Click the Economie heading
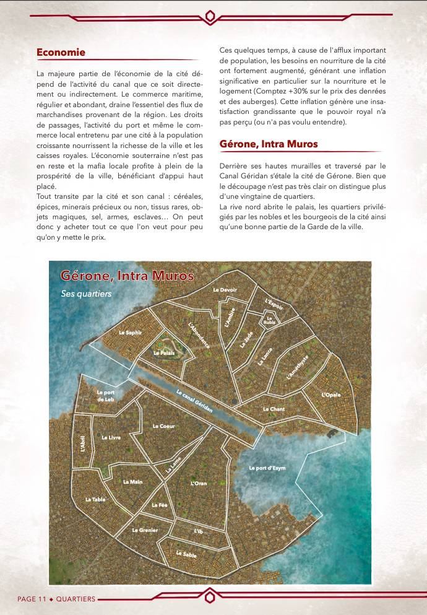pyautogui.click(x=61, y=53)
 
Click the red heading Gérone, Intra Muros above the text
pyautogui.click(x=269, y=144)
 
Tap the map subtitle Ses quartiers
pyautogui.click(x=86, y=294)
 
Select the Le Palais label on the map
pyautogui.click(x=164, y=353)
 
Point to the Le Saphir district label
pyautogui.click(x=130, y=333)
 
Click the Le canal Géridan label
pyautogui.click(x=194, y=401)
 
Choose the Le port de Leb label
pyautogui.click(x=106, y=395)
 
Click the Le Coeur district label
pyautogui.click(x=163, y=426)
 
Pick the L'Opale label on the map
pyautogui.click(x=331, y=395)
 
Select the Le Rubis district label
pyautogui.click(x=269, y=320)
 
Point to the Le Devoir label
pyautogui.click(x=225, y=290)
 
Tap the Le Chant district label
pyautogui.click(x=274, y=409)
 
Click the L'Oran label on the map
pyautogui.click(x=199, y=483)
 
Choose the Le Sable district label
pyautogui.click(x=186, y=554)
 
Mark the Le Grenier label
pyautogui.click(x=145, y=530)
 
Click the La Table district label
pyautogui.click(x=95, y=499)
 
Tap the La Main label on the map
pyautogui.click(x=133, y=481)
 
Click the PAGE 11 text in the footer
pyautogui.click(x=32, y=599)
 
